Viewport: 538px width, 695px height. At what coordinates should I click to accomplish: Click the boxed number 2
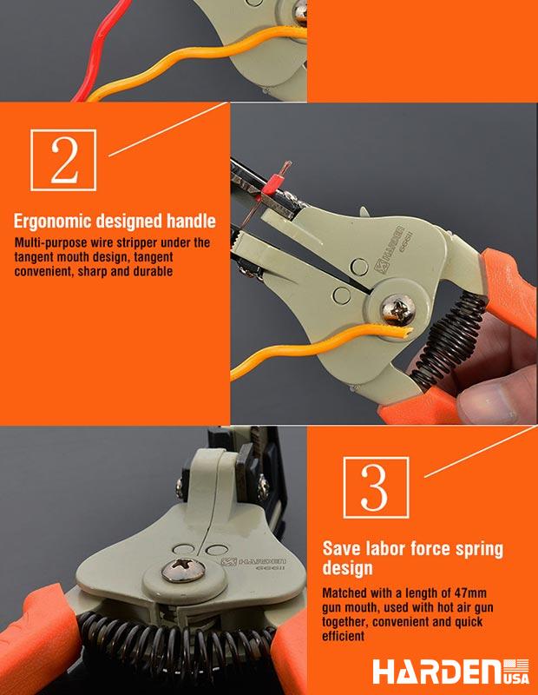pyautogui.click(x=63, y=160)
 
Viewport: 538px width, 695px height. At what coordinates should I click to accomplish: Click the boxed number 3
pyautogui.click(x=376, y=487)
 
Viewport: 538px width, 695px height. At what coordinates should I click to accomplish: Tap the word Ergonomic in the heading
pyautogui.click(x=53, y=222)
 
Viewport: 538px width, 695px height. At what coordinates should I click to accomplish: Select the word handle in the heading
pyautogui.click(x=191, y=221)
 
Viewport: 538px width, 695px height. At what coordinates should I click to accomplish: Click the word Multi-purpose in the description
pyautogui.click(x=51, y=243)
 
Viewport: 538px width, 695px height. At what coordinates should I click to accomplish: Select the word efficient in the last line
pyautogui.click(x=343, y=636)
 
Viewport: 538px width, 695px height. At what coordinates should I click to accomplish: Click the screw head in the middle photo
pyautogui.click(x=398, y=308)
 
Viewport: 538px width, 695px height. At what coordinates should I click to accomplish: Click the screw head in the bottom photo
pyautogui.click(x=183, y=570)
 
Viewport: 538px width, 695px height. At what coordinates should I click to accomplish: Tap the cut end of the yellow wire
pyautogui.click(x=406, y=332)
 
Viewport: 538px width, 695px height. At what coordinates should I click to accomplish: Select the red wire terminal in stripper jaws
pyautogui.click(x=274, y=180)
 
